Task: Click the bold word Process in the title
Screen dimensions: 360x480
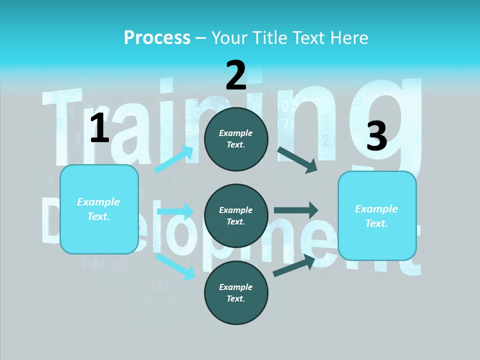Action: point(157,37)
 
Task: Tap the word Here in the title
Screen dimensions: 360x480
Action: point(348,37)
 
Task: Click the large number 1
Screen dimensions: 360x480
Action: point(99,128)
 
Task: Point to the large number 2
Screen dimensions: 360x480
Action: point(236,75)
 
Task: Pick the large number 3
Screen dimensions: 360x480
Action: point(376,136)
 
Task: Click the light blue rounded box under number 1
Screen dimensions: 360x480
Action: point(99,209)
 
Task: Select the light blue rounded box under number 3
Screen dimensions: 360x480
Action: point(377,216)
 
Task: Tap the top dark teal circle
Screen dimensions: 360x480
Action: point(236,139)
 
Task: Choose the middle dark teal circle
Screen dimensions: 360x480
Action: point(236,216)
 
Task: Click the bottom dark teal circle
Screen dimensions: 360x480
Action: point(236,293)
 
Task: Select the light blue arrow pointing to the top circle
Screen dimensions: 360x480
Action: point(174,159)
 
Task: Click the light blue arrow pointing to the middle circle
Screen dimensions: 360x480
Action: point(175,211)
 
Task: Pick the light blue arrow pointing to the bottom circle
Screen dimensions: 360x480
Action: point(175,266)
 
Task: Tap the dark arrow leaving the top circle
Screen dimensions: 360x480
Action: point(297,159)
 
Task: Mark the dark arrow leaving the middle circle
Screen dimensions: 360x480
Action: point(295,210)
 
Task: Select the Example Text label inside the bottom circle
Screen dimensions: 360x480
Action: point(236,293)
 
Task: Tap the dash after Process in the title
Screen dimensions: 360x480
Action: point(201,38)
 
